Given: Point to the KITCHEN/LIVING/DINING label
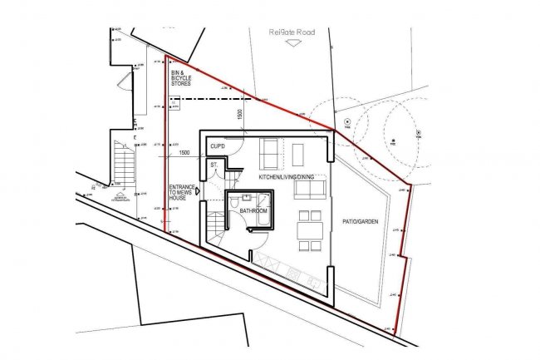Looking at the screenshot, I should pos(287,179).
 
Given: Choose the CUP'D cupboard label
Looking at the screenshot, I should pos(218,147).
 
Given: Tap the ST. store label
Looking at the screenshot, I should pos(214,165).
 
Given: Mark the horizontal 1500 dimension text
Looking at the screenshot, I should pos(184,153).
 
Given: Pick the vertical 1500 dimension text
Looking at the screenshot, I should pos(240,116).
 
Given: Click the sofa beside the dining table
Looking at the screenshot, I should pos(309,190).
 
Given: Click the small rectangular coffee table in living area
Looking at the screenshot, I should pos(299,153).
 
